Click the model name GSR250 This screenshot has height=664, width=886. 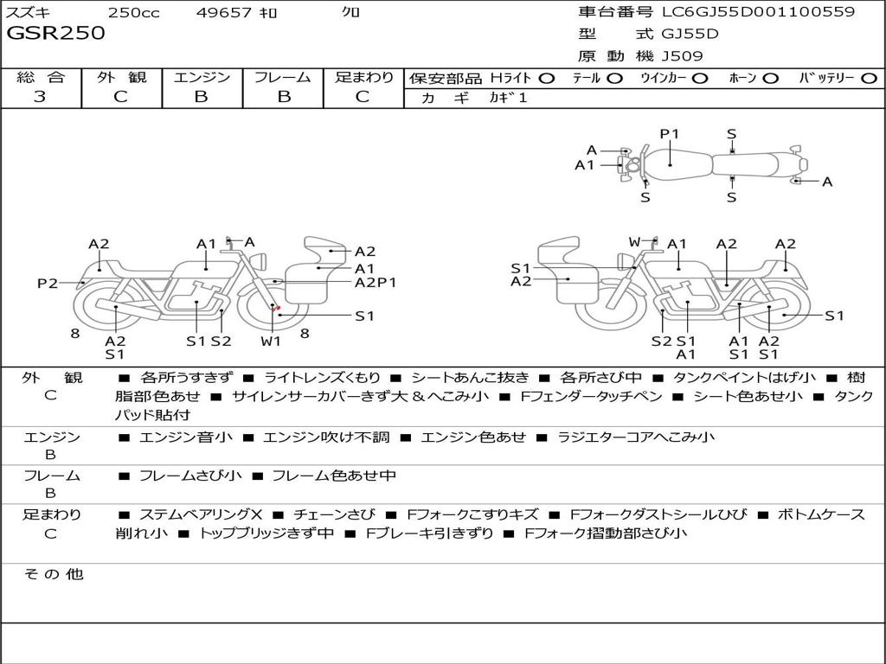coord(55,34)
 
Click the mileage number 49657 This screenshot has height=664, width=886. coord(223,12)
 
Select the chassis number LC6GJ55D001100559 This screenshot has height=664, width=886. coord(758,12)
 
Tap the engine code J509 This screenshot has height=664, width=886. coord(682,56)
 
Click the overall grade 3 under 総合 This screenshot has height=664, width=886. coord(40,97)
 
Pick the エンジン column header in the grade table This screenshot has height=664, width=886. coord(202,77)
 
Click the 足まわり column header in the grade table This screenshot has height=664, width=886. coord(363,77)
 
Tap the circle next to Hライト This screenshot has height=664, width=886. coord(546,78)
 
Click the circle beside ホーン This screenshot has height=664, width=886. coord(770,78)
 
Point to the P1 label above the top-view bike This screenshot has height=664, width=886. coord(670,134)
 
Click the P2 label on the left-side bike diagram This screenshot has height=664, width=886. coord(47,283)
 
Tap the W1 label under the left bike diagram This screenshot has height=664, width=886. coord(272,341)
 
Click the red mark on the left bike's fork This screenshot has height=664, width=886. coord(276,308)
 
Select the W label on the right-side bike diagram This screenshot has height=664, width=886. coord(634,242)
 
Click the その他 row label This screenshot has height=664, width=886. coord(53,574)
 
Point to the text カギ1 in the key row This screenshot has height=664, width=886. coord(508,98)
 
